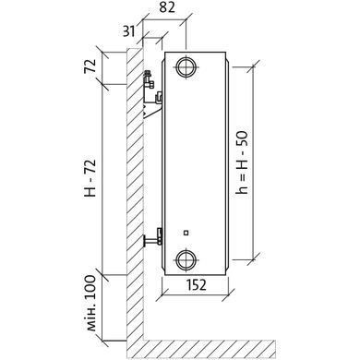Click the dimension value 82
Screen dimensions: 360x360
coord(167,7)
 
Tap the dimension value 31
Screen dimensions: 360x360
coord(128,31)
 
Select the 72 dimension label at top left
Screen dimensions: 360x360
coord(90,66)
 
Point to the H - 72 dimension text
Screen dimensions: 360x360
coord(90,178)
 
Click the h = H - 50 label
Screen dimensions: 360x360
coord(242,162)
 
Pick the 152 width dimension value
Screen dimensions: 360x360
coord(197,284)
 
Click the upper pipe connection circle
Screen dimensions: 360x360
coord(186,66)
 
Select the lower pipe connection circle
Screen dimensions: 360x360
coord(186,260)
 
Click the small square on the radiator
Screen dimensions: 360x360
coord(186,233)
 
